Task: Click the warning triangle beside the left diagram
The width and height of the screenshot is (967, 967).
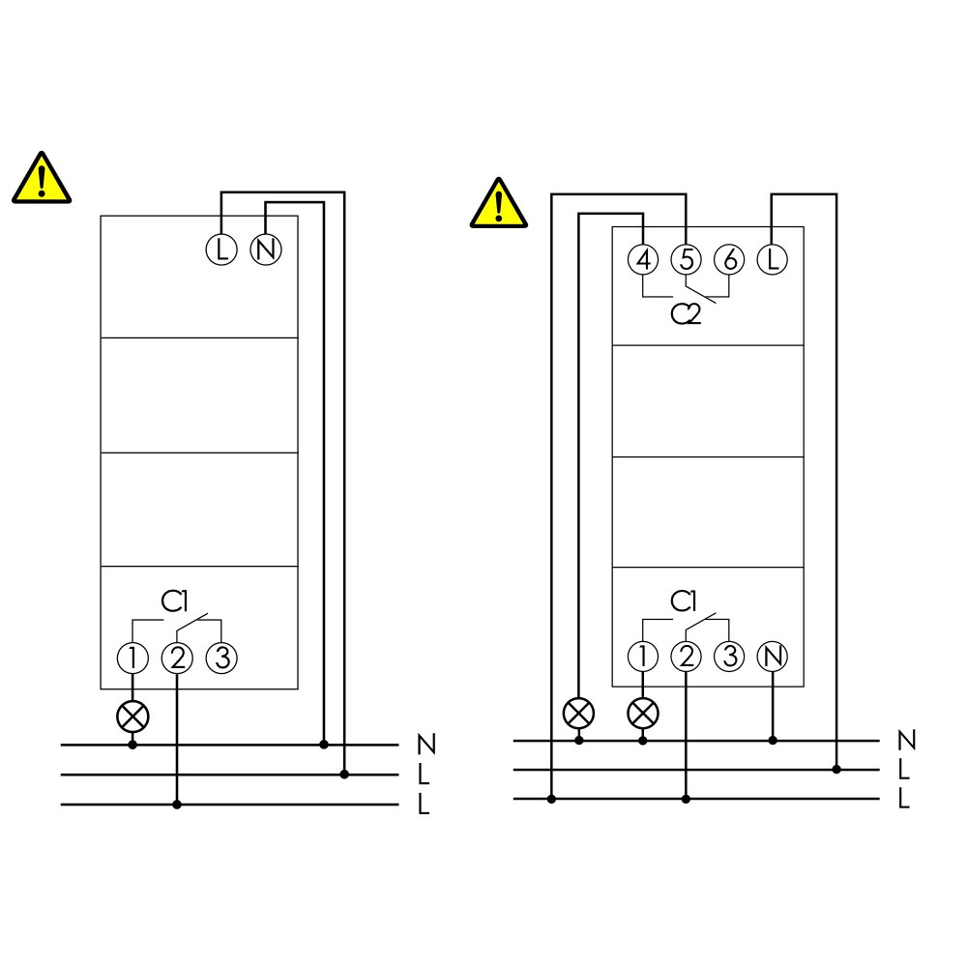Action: point(42,178)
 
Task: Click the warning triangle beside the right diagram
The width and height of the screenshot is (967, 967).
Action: point(498,203)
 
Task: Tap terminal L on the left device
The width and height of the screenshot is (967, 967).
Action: point(220,249)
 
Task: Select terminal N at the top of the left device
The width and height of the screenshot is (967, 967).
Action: point(266,249)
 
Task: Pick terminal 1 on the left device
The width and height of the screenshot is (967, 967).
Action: point(132,658)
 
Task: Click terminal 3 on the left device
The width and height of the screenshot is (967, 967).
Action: point(221,658)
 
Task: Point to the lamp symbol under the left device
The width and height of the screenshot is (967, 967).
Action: point(132,717)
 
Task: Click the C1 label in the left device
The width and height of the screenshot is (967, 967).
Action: point(174,601)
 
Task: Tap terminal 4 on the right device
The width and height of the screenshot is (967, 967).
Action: point(643,259)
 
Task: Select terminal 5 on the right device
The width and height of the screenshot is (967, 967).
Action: point(687,259)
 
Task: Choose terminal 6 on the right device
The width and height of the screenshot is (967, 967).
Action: point(729,259)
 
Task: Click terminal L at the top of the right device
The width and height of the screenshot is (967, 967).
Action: point(772,259)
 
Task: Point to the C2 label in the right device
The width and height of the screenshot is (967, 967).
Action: point(686,314)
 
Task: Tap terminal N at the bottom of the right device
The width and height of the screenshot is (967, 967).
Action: point(773,657)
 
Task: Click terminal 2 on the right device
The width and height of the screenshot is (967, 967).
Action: point(687,657)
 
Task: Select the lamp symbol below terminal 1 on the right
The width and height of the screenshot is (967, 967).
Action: point(643,714)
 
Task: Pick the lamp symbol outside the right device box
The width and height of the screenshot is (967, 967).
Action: point(578,714)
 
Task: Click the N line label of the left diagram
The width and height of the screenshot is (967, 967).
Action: point(426,745)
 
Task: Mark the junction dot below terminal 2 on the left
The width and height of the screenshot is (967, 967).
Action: point(177,805)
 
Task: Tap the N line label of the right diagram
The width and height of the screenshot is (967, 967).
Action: point(907,740)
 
